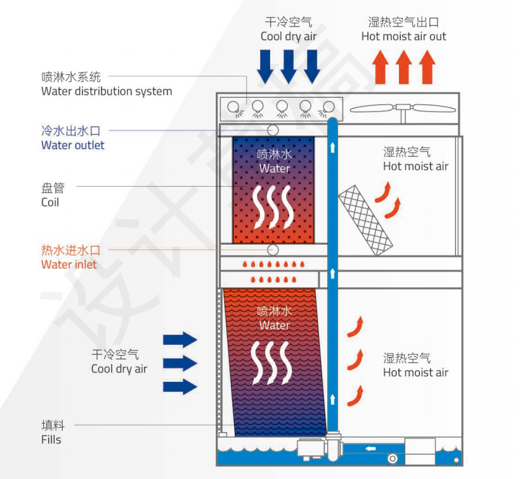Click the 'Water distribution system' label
106,91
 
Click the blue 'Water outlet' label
72,145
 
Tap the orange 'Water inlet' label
69,264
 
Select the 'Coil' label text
49,202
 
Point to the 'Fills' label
51,439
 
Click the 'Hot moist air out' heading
403,36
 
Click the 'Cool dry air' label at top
288,36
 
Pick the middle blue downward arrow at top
288,66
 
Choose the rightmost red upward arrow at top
427,67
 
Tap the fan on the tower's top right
402,109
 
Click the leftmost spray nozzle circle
234,107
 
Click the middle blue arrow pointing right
180,363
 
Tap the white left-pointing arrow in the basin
370,449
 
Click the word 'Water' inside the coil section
274,169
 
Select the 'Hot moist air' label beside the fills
415,373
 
